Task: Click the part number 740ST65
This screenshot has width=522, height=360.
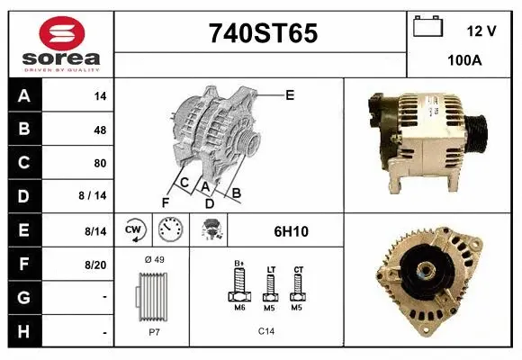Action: coord(263,33)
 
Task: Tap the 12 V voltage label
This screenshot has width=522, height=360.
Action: coord(481,31)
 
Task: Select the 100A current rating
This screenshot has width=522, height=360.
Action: coord(464,61)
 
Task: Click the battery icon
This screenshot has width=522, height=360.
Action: coord(427,28)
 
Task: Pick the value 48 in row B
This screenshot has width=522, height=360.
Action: coord(99,130)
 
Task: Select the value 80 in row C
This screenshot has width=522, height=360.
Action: coord(99,164)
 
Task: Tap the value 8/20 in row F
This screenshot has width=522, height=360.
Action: coord(95,265)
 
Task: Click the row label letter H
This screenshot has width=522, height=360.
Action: coord(24,332)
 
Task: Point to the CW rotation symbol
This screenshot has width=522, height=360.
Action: coord(134,230)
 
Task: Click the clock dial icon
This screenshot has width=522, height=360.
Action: coord(170,231)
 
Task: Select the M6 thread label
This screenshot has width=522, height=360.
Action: coord(239,308)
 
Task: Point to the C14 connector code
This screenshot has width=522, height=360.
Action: coord(266,331)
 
